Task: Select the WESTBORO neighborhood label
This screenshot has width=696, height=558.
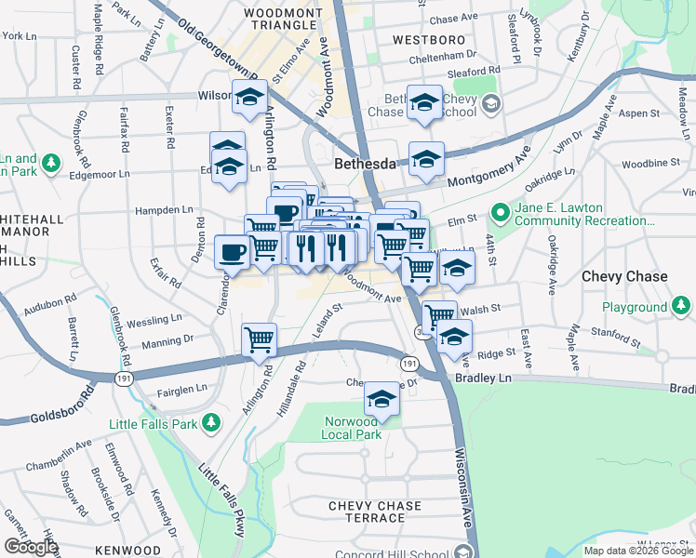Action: [x=428, y=40]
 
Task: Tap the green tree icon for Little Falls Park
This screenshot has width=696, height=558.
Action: [x=212, y=423]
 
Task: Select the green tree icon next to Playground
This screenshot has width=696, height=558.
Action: [x=681, y=306]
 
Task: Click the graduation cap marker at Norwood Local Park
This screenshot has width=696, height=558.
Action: [x=381, y=399]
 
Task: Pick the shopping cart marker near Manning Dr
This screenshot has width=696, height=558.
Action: [x=259, y=339]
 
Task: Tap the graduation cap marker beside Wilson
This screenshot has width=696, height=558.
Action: [x=249, y=97]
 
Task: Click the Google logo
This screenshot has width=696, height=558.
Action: [x=30, y=546]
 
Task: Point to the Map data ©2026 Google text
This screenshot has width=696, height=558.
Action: [x=637, y=551]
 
